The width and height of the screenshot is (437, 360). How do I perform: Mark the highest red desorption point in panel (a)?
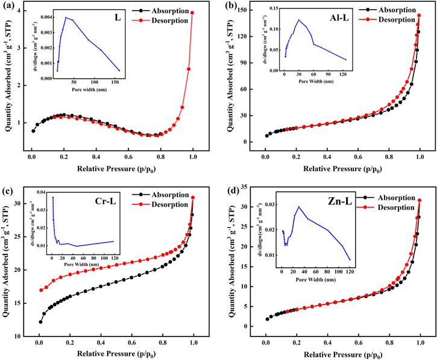tap(192, 13)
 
